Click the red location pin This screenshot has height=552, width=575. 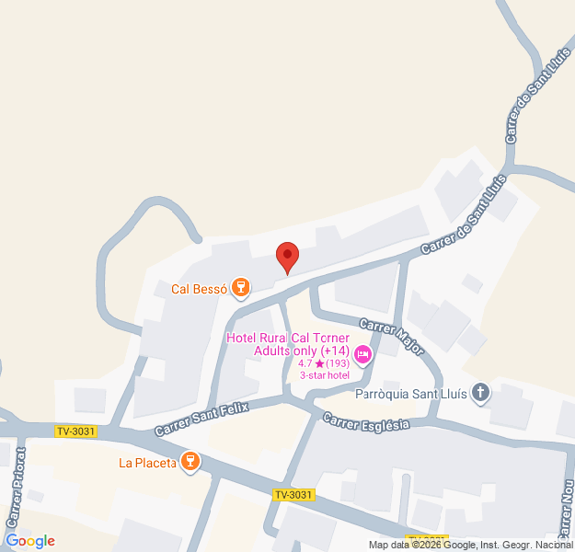coord(288,257)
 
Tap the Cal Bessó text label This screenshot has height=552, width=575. coord(198,289)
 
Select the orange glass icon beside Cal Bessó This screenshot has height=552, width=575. coord(241,289)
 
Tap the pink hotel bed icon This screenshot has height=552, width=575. coord(363,354)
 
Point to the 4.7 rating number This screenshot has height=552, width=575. coord(305,363)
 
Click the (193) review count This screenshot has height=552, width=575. coord(339,363)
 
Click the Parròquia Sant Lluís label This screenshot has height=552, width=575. coord(409,395)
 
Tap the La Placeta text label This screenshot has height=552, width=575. coord(147,463)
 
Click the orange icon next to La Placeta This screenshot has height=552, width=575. coord(190,462)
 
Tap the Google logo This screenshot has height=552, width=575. coord(30,541)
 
